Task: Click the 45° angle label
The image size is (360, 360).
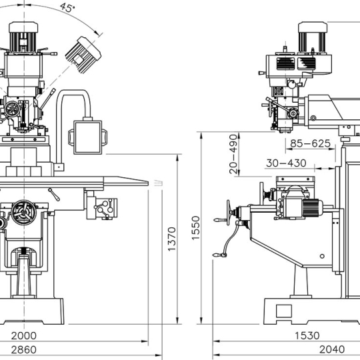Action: pos(67,7)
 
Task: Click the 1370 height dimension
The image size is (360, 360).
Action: pos(172,239)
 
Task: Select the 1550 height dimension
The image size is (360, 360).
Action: pos(196,228)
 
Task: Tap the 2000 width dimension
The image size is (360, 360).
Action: pos(24,335)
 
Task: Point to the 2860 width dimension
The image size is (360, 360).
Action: pos(24,350)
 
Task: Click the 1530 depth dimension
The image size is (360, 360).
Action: pos(307,335)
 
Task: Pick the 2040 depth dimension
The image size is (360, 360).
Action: pos(332,349)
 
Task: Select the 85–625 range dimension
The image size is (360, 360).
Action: pos(310,143)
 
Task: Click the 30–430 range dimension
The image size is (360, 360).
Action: pos(286,163)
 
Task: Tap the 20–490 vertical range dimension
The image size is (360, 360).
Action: pos(233,154)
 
